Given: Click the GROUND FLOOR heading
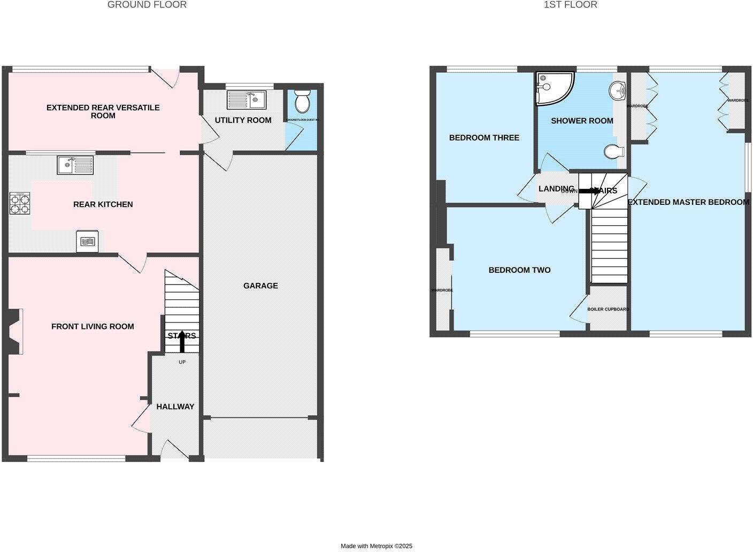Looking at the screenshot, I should (x=147, y=5).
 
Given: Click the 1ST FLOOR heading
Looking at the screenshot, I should (x=570, y=5).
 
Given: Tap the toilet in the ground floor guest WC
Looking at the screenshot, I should (x=302, y=101).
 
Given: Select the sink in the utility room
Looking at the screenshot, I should (x=247, y=99).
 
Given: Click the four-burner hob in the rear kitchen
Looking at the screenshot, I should (x=19, y=203).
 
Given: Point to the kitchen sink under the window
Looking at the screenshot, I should (x=75, y=165).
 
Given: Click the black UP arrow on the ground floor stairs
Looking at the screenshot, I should (x=182, y=342).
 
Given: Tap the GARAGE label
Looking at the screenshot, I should (x=260, y=286).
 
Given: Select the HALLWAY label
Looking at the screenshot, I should (x=175, y=407).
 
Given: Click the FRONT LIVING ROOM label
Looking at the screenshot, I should (x=93, y=326).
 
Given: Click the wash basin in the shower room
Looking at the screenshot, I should (x=618, y=90).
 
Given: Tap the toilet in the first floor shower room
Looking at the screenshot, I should (x=614, y=152).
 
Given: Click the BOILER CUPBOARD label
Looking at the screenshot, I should (x=608, y=309).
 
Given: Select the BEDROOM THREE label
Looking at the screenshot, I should (x=484, y=137).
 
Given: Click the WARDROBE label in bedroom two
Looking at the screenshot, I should (x=442, y=290).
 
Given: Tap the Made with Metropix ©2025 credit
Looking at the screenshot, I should (x=376, y=546).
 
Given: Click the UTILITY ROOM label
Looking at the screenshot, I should (x=243, y=120).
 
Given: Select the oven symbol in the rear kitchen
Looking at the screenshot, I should (x=87, y=242).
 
